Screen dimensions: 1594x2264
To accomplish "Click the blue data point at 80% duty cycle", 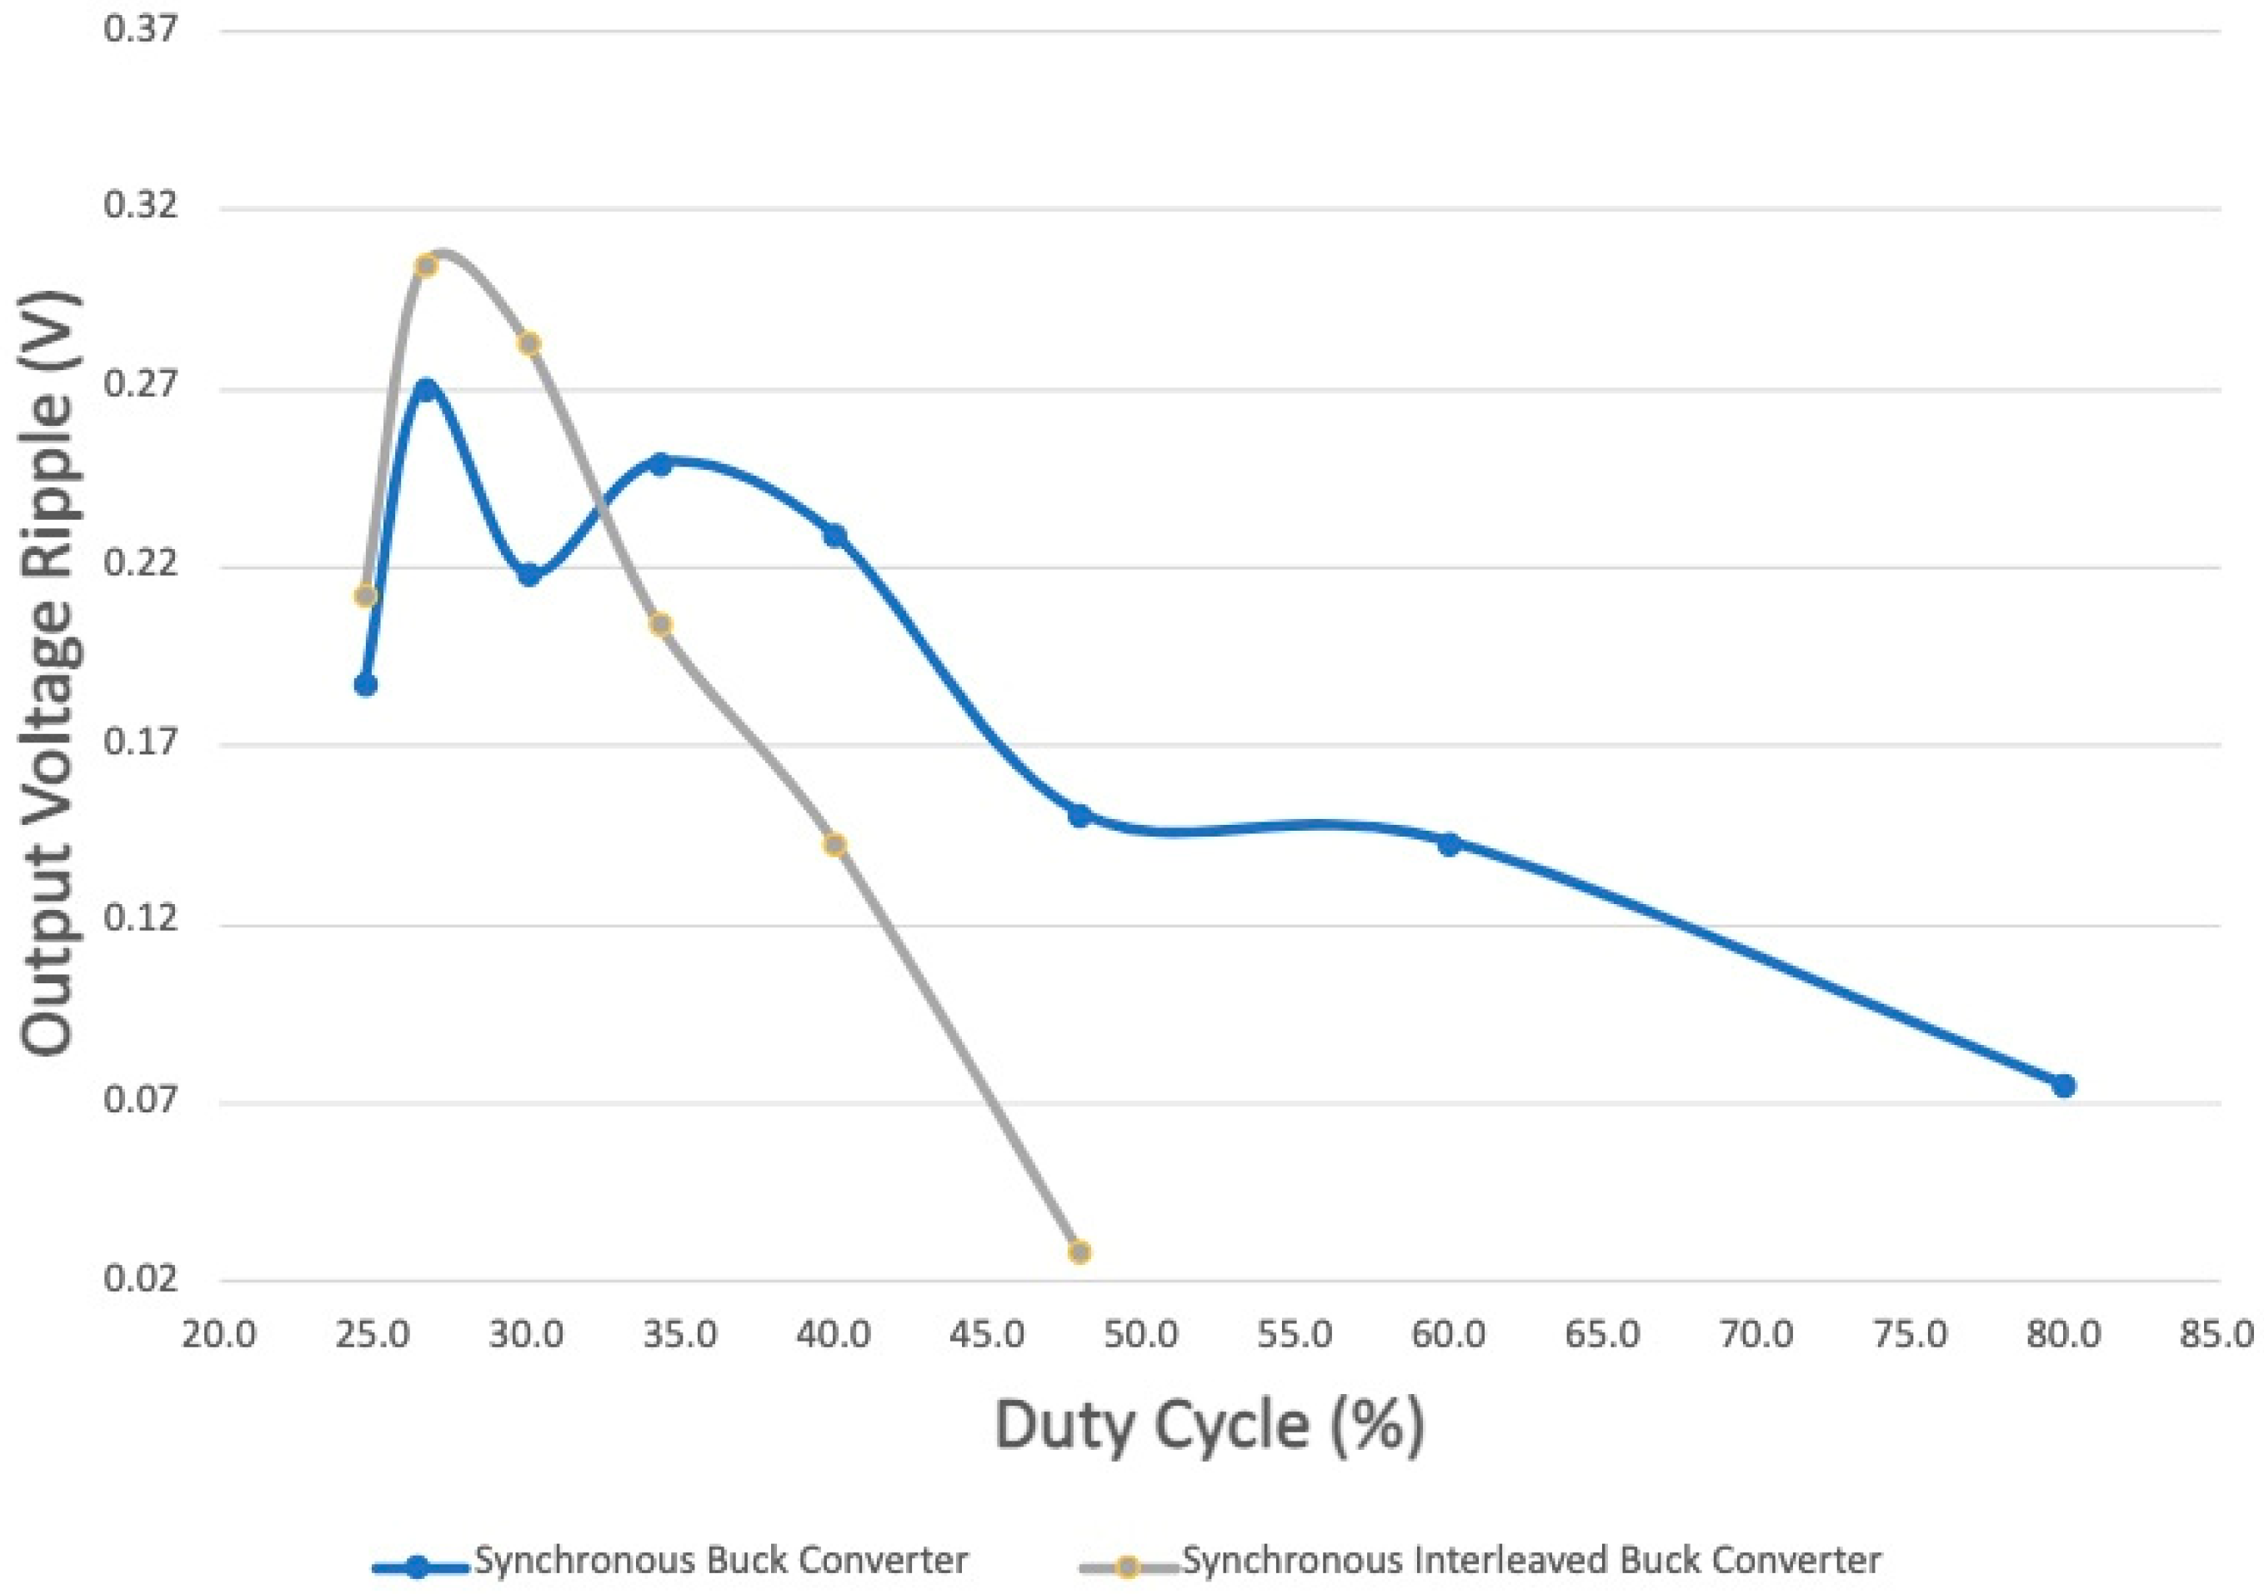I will pyautogui.click(x=2063, y=1086).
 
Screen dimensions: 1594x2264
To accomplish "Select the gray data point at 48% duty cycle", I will pyautogui.click(x=1079, y=1252).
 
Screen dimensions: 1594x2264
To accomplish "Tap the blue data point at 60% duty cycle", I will pyautogui.click(x=1449, y=844).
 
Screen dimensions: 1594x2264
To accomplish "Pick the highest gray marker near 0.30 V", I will pyautogui.click(x=426, y=265).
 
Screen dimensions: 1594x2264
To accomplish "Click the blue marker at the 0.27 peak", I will pyautogui.click(x=426, y=388).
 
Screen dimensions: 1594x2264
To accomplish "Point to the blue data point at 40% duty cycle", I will pyautogui.click(x=835, y=535).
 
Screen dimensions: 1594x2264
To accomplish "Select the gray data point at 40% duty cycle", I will pyautogui.click(x=835, y=845).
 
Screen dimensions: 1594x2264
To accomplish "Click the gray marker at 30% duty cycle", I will pyautogui.click(x=529, y=343).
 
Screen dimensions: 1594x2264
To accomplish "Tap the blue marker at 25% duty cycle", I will pyautogui.click(x=366, y=684).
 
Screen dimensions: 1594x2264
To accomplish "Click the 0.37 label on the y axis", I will pyautogui.click(x=141, y=28).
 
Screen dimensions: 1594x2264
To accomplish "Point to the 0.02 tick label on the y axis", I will pyautogui.click(x=141, y=1280).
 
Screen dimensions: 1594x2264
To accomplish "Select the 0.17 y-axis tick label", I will pyautogui.click(x=141, y=743).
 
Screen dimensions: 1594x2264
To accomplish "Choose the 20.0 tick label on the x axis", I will pyautogui.click(x=219, y=1335).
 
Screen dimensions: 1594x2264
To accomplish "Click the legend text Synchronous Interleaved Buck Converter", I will pyautogui.click(x=1531, y=1560).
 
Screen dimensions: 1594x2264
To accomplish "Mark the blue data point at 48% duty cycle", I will pyautogui.click(x=1079, y=815).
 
